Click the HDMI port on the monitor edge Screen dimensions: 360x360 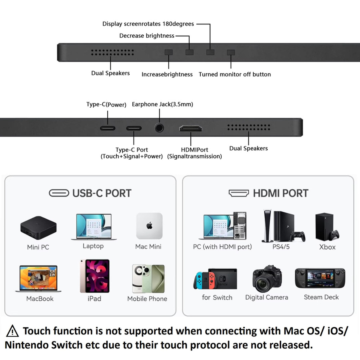pos(190,128)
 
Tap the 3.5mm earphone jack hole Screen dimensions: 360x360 pos(159,128)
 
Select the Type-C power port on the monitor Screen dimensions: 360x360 pos(108,128)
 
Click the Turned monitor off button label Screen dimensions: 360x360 pos(235,74)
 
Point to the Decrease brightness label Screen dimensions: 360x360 pos(147,36)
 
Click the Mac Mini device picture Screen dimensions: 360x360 pos(150,226)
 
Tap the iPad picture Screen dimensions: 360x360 pos(94,276)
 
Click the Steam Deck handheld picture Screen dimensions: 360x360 pos(320,278)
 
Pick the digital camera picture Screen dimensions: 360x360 pos(267,278)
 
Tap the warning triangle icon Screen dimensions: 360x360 pos(12,331)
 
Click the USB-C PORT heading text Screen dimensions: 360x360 pos(102,193)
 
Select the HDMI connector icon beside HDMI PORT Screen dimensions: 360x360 pos(239,193)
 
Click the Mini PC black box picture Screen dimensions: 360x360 pos(38,228)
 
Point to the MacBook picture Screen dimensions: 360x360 pos(38,278)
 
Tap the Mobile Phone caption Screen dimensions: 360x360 pos(147,299)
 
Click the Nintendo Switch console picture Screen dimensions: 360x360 pos(215,278)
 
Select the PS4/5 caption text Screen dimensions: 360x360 pos(281,247)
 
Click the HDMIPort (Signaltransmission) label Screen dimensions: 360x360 pos(194,153)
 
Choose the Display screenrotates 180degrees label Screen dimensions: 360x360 pos(148,24)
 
